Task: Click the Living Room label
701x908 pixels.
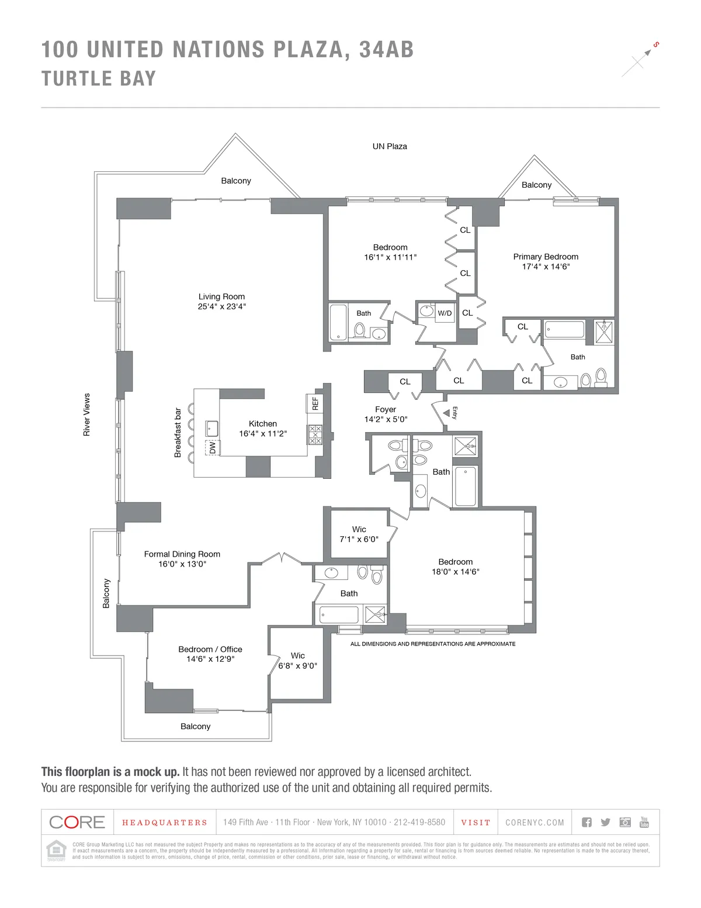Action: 221,296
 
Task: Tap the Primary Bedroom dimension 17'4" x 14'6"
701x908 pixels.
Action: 546,267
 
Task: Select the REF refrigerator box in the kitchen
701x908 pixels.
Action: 315,403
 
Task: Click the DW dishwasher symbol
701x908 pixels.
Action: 212,447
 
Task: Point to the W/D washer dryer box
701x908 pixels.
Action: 445,313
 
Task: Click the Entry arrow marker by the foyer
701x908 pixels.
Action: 446,413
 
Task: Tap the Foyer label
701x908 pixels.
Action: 386,409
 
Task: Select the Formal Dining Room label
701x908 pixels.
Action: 182,554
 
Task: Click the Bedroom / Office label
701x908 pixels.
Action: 210,649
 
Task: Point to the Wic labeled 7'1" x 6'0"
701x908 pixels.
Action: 359,534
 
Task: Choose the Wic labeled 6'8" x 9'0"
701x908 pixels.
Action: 298,661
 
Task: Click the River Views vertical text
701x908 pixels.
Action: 86,415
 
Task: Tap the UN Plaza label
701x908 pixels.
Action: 390,146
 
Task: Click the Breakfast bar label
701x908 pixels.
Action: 178,433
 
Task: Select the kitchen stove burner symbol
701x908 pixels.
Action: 315,434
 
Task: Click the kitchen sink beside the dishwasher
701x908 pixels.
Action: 211,428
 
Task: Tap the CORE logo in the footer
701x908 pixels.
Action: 77,822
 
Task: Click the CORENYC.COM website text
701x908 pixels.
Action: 535,823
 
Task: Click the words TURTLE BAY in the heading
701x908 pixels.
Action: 99,78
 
